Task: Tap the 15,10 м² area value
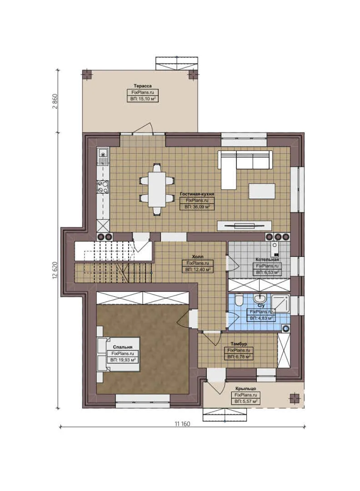(x=142, y=98)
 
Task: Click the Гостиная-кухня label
(x=197, y=193)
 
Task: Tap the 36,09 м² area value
(x=197, y=206)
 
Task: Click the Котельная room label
(x=267, y=259)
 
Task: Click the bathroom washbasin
(x=260, y=299)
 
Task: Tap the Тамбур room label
(x=239, y=344)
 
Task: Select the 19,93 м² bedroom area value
(x=123, y=360)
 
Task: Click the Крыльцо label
(x=246, y=389)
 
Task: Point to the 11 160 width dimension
(x=182, y=424)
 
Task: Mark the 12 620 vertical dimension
(x=55, y=271)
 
